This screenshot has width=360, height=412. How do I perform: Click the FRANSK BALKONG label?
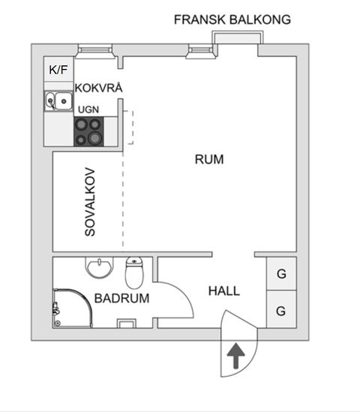(x=232, y=19)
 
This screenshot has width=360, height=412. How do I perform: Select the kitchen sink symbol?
(x=58, y=100)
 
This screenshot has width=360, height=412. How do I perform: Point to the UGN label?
(x=88, y=109)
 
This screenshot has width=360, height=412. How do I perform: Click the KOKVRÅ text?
(x=98, y=88)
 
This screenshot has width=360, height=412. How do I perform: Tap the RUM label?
(x=209, y=159)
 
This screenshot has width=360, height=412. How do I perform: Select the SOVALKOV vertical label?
(x=90, y=201)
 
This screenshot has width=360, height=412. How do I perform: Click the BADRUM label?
(x=121, y=297)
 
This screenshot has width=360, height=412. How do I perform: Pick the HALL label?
(x=224, y=291)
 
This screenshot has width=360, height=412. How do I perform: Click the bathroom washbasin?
(x=99, y=267)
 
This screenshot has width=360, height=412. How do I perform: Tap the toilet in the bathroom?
(x=134, y=273)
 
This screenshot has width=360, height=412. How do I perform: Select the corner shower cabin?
(x=71, y=308)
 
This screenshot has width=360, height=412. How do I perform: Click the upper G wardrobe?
(x=281, y=274)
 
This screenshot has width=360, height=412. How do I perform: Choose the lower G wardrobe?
(x=281, y=310)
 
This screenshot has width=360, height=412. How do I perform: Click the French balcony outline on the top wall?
(x=238, y=37)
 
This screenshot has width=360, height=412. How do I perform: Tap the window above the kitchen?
(x=94, y=51)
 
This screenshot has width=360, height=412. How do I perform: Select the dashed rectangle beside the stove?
(x=128, y=127)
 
